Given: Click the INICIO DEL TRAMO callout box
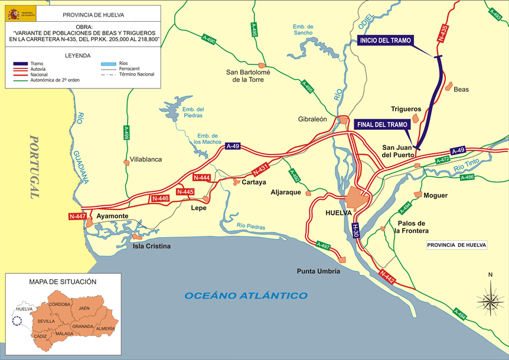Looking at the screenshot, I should click(385, 41).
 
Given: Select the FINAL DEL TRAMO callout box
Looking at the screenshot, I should click(382, 125).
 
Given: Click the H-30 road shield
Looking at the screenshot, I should click(355, 230).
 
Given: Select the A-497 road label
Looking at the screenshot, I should click(322, 244).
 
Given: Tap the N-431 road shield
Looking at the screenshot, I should click(260, 170).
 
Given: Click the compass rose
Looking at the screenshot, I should click(490, 297).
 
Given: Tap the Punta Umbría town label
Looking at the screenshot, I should click(318, 271).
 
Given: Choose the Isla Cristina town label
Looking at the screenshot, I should click(151, 246).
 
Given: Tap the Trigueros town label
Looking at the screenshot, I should click(406, 109).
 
